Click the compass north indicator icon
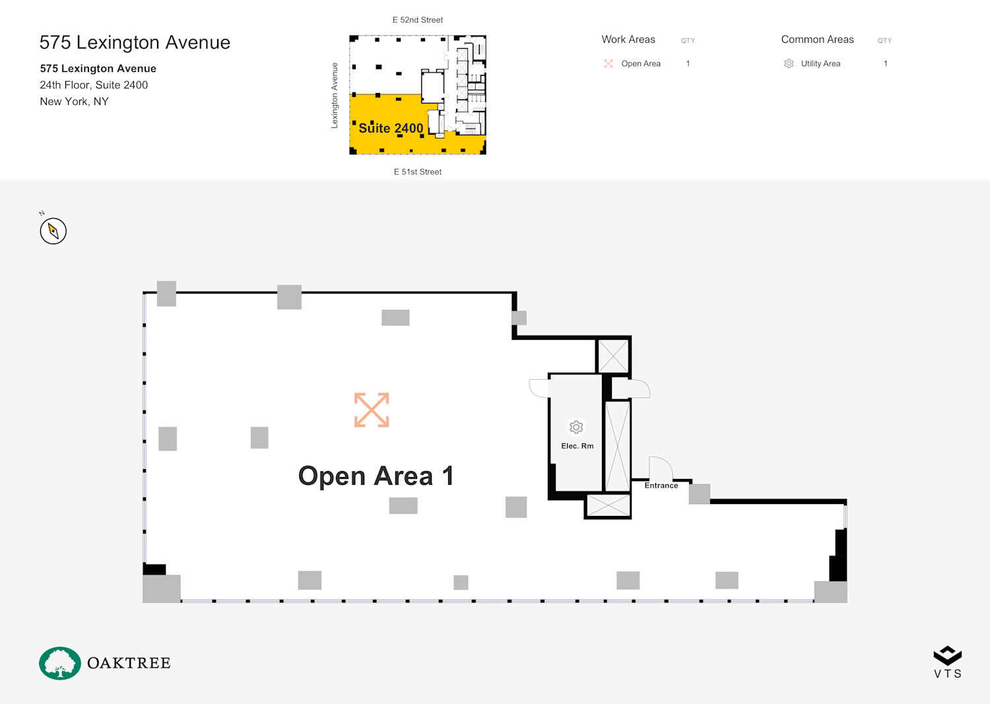pyautogui.click(x=53, y=231)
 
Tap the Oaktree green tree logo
pyautogui.click(x=60, y=663)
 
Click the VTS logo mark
pyautogui.click(x=948, y=656)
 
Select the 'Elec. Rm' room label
pyautogui.click(x=577, y=446)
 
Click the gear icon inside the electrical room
pyautogui.click(x=576, y=428)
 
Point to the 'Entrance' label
pyautogui.click(x=661, y=486)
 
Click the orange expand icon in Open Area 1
pyautogui.click(x=372, y=410)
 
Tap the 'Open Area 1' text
pyautogui.click(x=376, y=476)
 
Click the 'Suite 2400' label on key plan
pyautogui.click(x=391, y=128)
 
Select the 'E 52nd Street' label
pyautogui.click(x=418, y=20)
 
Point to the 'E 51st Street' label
pyautogui.click(x=418, y=172)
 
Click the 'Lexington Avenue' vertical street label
pyautogui.click(x=335, y=96)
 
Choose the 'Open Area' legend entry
pyautogui.click(x=640, y=64)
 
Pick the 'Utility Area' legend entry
pyautogui.click(x=820, y=64)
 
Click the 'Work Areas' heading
pyautogui.click(x=628, y=40)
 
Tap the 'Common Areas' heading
pyautogui.click(x=817, y=40)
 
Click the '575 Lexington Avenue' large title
pyautogui.click(x=135, y=42)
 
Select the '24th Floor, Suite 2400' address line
pyautogui.click(x=94, y=85)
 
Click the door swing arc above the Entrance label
pyautogui.click(x=661, y=467)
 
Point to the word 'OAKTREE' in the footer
pyautogui.click(x=129, y=663)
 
